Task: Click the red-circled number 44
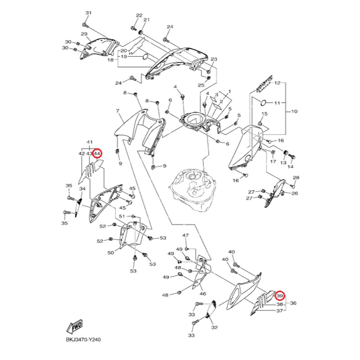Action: pos(97,153)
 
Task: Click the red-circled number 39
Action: pos(280,296)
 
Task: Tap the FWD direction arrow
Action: pos(75,327)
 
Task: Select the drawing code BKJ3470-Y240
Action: pos(83,339)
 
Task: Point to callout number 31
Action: pos(89,13)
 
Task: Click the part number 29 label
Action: pos(84,34)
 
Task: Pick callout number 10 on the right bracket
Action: pos(294,111)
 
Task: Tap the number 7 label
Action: pos(117,111)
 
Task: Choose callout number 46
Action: pos(203,294)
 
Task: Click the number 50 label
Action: pos(111,253)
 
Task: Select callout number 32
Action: pos(214,327)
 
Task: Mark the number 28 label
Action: pos(296,178)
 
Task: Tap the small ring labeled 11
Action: pos(263,103)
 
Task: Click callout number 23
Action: pos(214,59)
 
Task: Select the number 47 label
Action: pos(186,235)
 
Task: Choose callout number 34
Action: pos(82,189)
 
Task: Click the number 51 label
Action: pos(122,216)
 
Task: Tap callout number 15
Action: pos(264,114)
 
